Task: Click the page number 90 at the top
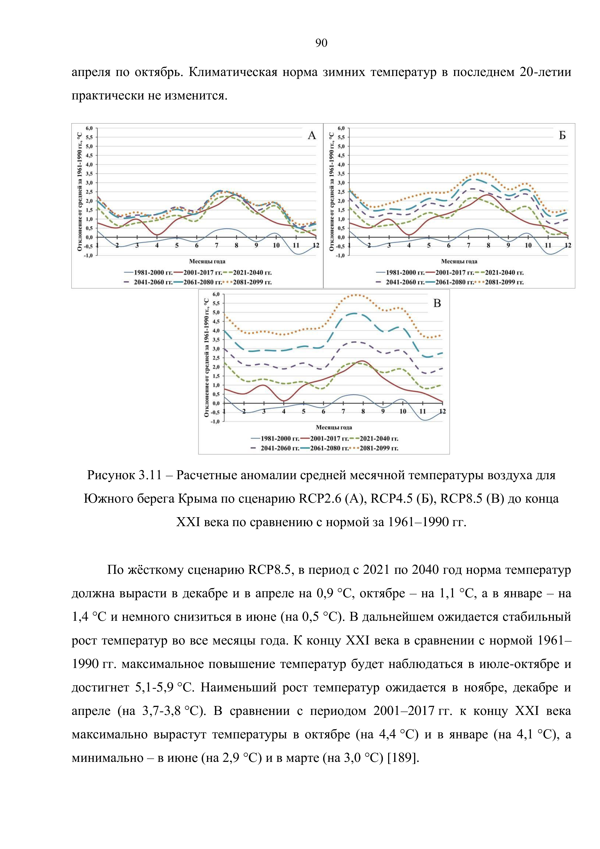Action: click(321, 43)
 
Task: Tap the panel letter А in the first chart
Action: click(312, 136)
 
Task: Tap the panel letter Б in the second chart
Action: click(562, 136)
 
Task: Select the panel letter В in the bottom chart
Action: click(437, 303)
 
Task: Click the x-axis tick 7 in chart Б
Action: click(468, 245)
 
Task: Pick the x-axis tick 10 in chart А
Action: click(276, 245)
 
